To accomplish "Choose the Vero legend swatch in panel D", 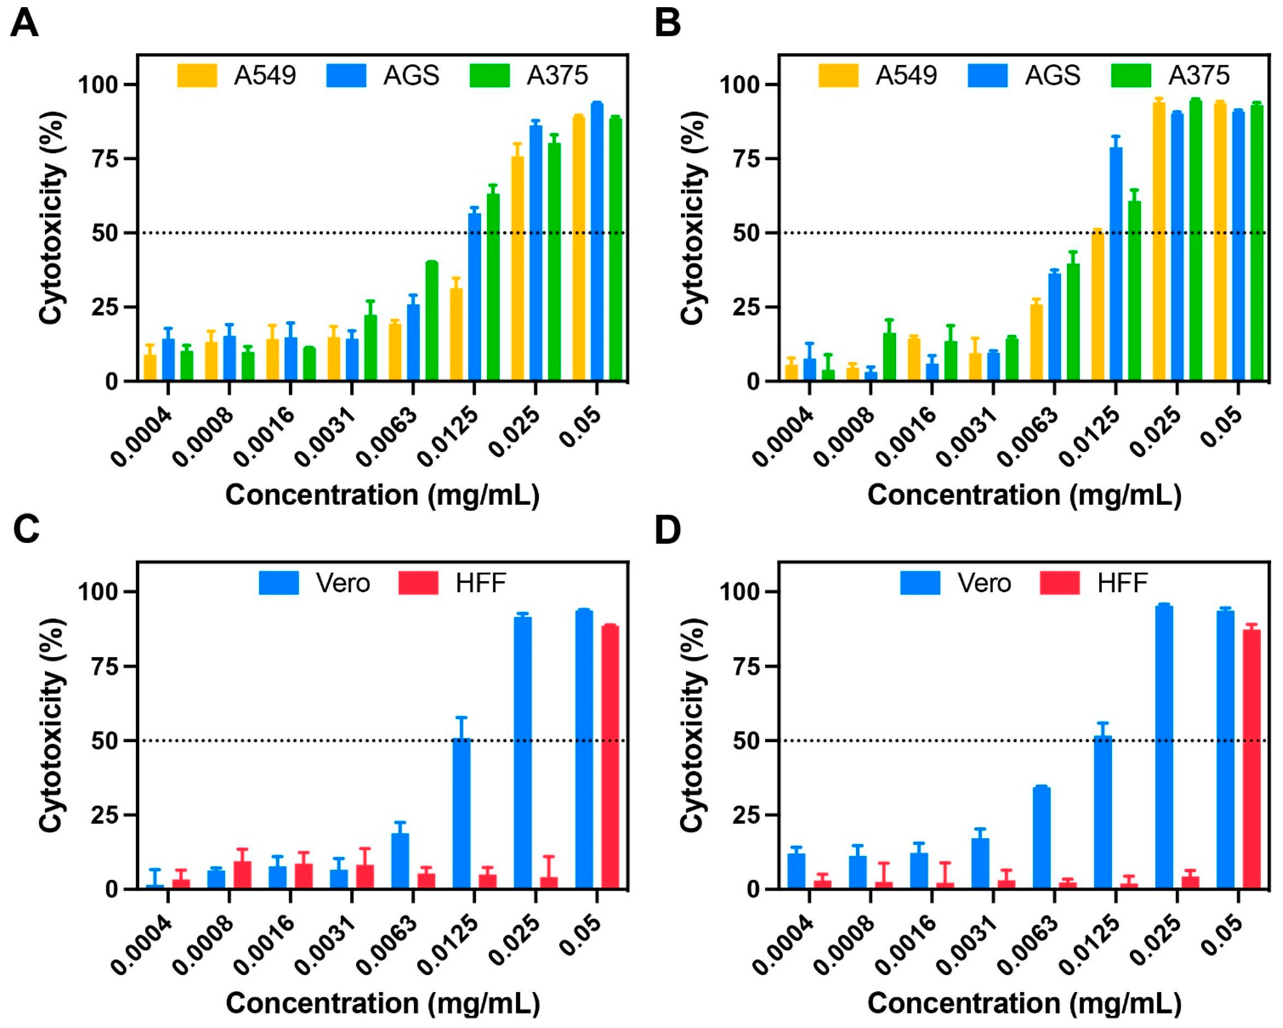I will point(920,583).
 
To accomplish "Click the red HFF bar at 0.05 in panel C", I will point(610,757).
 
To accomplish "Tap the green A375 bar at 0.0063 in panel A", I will point(432,321).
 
